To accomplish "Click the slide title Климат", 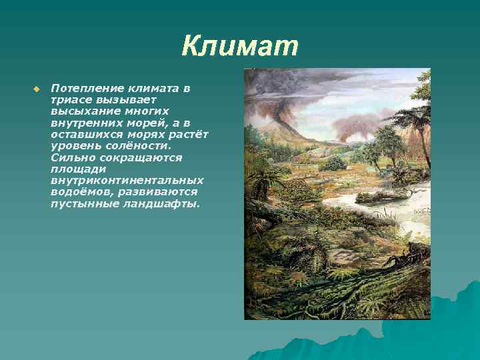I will (x=240, y=47).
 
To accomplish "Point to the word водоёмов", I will (x=78, y=192).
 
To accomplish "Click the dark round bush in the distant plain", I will (x=333, y=163).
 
